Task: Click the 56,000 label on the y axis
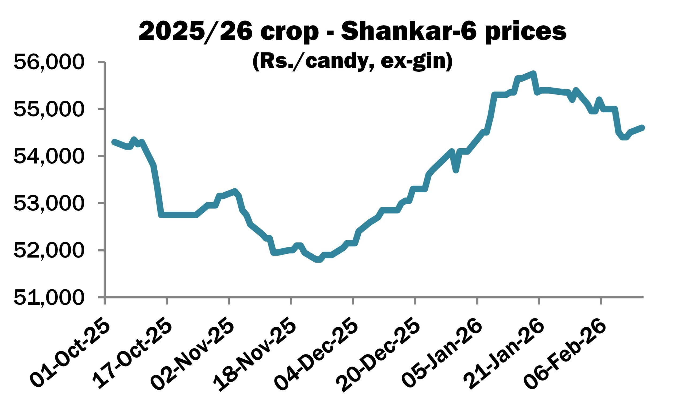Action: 48,62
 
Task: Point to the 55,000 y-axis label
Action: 48,109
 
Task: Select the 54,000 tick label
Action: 48,157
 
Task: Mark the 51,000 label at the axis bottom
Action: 48,298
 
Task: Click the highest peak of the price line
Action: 533,73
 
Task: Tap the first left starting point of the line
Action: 113,142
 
